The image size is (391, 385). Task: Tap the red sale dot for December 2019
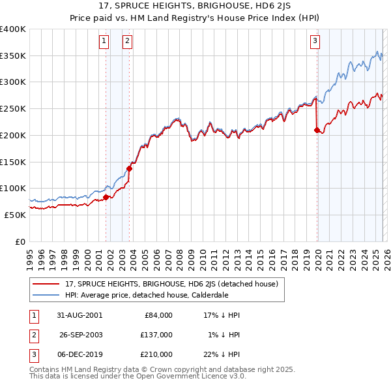coord(317,131)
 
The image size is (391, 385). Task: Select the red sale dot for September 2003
coord(129,168)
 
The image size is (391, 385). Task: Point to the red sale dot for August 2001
coord(106,196)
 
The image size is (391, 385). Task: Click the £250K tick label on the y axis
coord(13,108)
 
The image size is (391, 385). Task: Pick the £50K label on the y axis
coord(16,215)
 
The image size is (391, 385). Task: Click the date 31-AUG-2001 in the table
coord(80,315)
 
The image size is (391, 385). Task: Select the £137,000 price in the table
coord(156,335)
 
